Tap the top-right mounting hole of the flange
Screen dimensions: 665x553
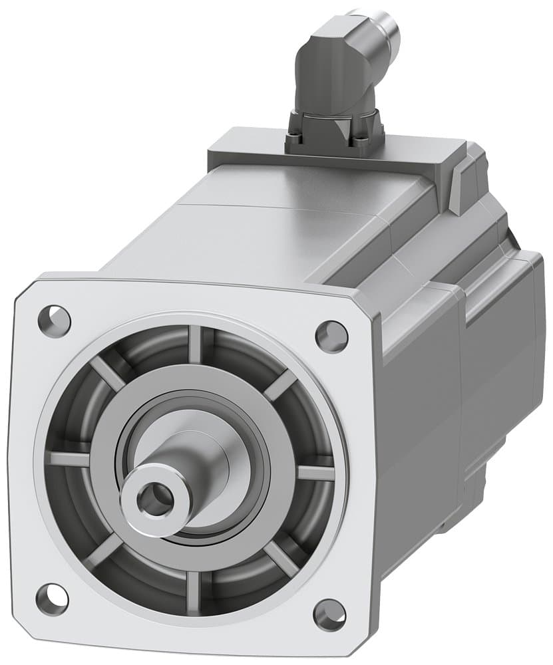(331, 336)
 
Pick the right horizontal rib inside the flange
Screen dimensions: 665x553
(315, 473)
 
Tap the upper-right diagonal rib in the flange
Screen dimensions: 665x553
(280, 384)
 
